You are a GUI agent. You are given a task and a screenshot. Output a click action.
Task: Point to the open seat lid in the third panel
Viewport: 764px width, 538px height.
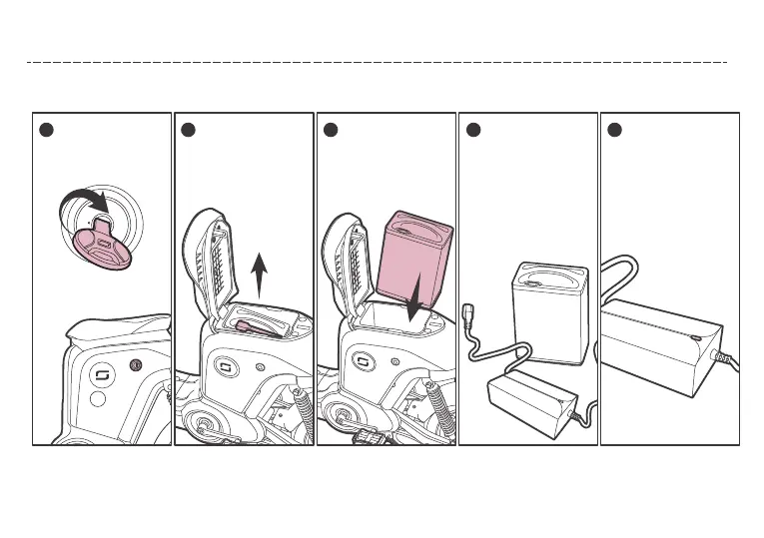[349, 260]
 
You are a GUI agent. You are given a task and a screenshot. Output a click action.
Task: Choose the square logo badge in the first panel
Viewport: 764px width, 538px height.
[100, 375]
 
